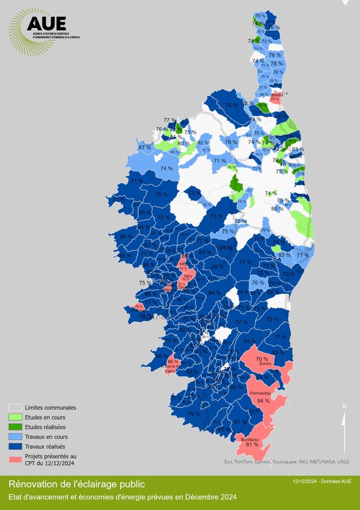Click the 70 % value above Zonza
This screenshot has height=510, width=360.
coord(262,359)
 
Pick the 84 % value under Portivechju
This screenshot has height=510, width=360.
coord(263,400)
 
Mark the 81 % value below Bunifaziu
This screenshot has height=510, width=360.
coord(251,444)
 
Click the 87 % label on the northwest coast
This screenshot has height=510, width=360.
coord(144,148)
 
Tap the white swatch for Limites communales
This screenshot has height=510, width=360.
coord(16,408)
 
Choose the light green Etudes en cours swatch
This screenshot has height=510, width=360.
coord(16,417)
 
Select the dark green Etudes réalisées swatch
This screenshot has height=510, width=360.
coord(16,426)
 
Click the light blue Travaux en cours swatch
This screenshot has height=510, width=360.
coord(16,437)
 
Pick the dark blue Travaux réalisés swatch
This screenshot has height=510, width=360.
coord(16,446)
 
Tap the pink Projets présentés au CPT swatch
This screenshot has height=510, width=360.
coord(16,459)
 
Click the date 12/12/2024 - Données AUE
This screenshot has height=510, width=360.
coord(322,481)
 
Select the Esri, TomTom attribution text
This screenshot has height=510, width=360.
coord(287,462)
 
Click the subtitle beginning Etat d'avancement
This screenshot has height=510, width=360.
coord(122,497)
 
